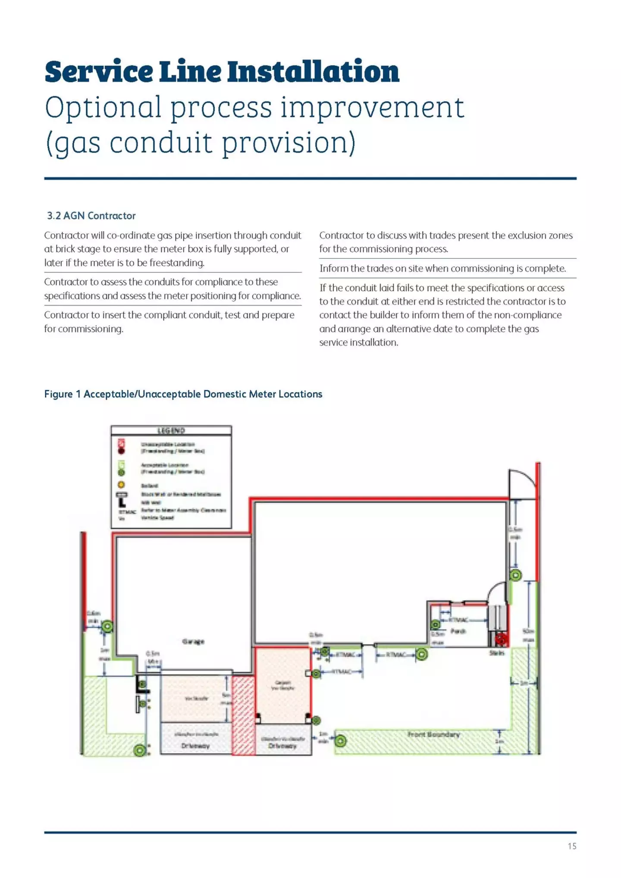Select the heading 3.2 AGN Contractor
91,216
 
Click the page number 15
571,846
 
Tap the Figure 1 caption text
183,394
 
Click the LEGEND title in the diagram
171,430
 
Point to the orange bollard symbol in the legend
122,485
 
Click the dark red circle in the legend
122,451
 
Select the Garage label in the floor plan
193,642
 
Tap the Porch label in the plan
458,631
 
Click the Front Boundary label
433,734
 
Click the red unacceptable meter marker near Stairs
501,639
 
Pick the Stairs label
496,653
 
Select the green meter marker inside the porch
436,624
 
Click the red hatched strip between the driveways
243,716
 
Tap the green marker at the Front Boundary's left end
340,741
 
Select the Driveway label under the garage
195,746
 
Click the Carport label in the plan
282,683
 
